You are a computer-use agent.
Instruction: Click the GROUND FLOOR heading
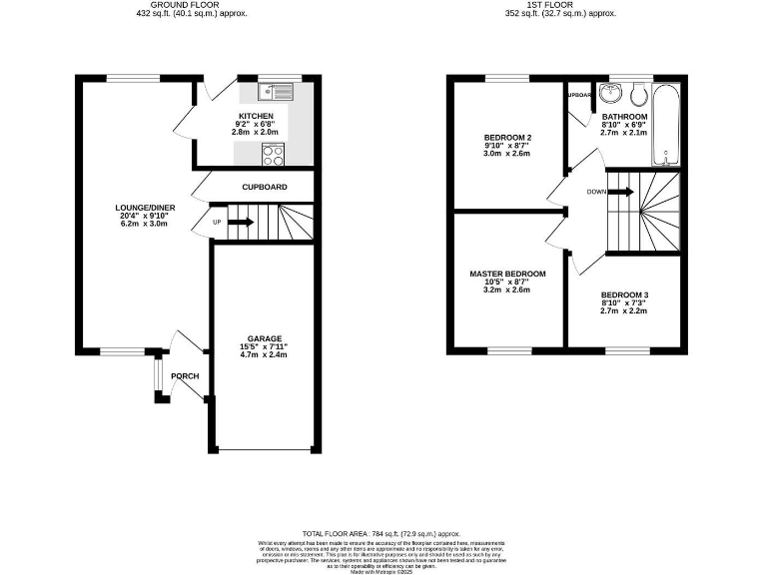click(191, 5)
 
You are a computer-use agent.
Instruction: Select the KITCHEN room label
click(255, 116)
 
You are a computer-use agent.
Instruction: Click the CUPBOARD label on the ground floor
click(265, 187)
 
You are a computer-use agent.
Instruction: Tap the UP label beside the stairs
click(217, 222)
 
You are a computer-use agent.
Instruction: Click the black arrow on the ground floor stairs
click(241, 222)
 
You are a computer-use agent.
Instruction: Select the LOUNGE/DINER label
click(139, 209)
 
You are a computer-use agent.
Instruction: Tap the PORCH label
click(185, 376)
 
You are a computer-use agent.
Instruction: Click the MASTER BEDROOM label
click(507, 274)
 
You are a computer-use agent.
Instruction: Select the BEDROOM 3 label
click(624, 295)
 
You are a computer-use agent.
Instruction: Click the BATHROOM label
click(624, 117)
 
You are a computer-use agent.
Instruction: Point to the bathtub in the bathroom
click(667, 126)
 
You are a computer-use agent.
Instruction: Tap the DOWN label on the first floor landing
click(596, 192)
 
